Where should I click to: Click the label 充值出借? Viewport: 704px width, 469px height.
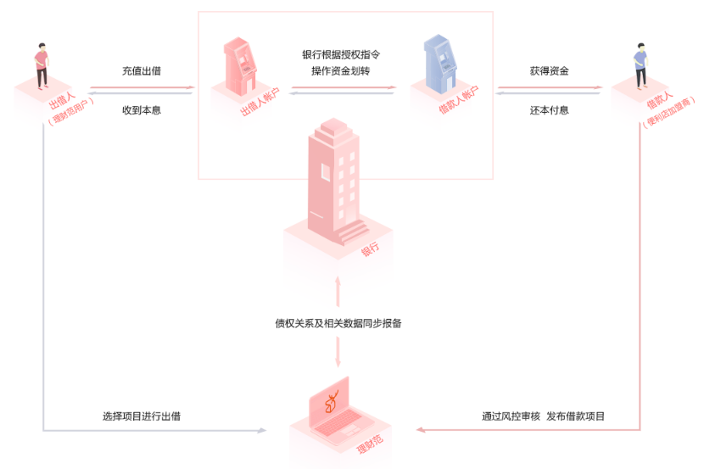pos(142,71)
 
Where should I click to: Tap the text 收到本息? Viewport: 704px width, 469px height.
pos(142,109)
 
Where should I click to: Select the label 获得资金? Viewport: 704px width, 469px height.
pos(549,71)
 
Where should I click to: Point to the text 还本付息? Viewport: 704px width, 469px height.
pos(549,109)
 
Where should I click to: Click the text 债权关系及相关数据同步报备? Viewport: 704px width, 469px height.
pos(338,322)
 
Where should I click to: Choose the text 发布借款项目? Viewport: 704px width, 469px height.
pos(576,416)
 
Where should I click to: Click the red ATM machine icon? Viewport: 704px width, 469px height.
pos(237,64)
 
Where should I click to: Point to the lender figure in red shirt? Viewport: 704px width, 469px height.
pos(41,64)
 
